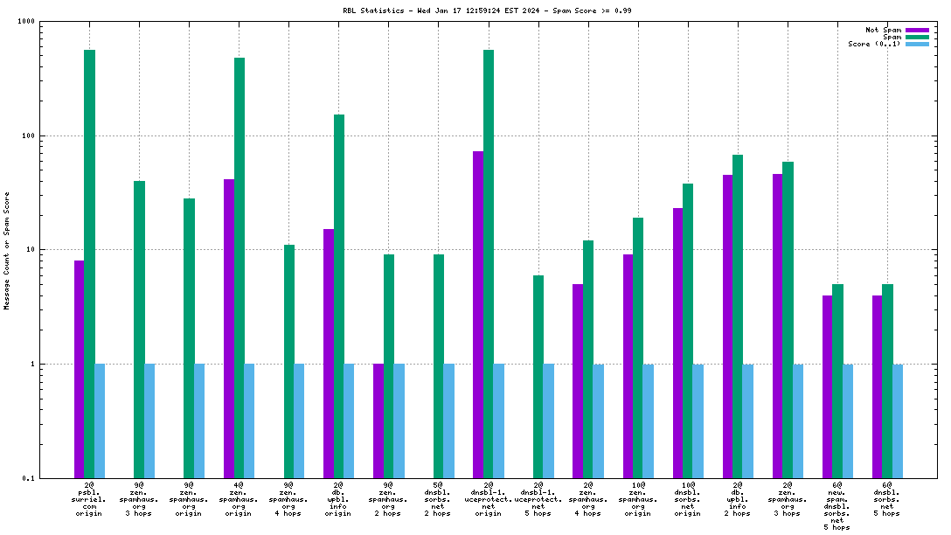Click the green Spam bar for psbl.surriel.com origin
89,262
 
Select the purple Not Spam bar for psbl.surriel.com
79,367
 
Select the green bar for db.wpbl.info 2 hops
738,316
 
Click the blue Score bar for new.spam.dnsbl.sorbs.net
848,420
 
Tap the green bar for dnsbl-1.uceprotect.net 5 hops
538,376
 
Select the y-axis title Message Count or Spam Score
7,250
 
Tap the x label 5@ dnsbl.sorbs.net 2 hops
439,499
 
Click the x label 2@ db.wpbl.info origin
339,499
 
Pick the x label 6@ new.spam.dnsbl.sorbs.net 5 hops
837,506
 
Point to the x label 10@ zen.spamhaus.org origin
638,499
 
